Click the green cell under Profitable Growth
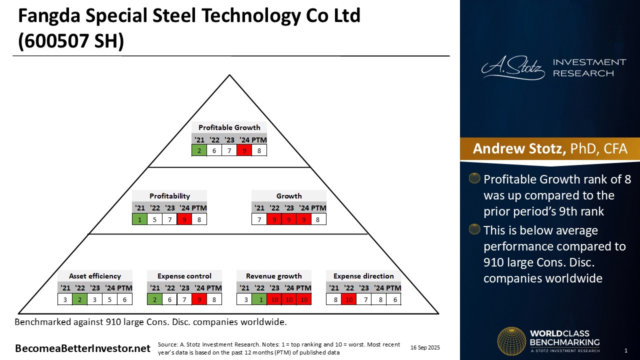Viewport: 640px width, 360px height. coord(199,150)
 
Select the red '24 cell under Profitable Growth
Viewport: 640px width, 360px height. coord(244,150)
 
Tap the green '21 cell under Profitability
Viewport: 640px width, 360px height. coord(139,218)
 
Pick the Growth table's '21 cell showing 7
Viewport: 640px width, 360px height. coord(259,218)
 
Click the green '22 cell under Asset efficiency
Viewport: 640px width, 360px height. coord(80,299)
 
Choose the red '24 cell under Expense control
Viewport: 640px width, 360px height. coord(199,299)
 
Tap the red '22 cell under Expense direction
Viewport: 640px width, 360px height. coord(349,299)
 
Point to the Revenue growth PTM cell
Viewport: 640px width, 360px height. coord(303,299)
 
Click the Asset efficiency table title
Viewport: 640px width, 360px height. coord(95,276)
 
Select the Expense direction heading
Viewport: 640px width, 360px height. coord(363,276)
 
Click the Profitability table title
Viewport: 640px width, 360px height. coord(169,196)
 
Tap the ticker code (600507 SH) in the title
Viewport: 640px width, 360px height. coord(70,41)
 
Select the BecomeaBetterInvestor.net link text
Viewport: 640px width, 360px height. coord(82,348)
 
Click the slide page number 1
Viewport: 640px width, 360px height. coord(626,350)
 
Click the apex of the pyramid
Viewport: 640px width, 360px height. coord(229,76)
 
